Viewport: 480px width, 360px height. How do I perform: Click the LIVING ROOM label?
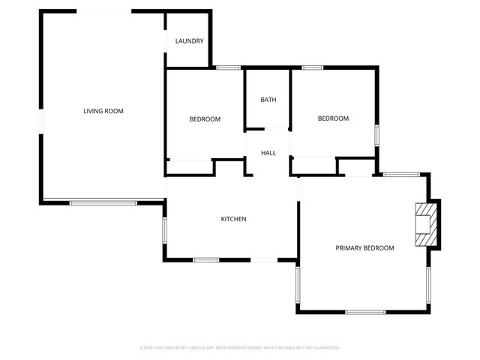103,111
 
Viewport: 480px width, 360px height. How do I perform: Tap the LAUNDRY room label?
189,41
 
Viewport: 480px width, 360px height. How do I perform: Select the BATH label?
268,100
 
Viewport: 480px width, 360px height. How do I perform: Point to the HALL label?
268,153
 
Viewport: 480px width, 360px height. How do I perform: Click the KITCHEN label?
233,219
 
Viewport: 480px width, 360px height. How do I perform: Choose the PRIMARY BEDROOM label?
364,247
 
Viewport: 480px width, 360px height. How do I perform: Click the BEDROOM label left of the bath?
205,119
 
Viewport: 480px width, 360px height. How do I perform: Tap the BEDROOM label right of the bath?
333,118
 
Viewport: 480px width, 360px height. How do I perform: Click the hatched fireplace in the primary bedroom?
426,225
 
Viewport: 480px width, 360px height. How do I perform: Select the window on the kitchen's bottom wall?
205,260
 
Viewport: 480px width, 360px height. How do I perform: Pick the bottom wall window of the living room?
103,201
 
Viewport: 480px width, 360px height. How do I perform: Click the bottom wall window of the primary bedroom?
365,311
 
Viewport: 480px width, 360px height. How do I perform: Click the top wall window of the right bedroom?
313,68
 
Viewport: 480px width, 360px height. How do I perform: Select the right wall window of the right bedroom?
377,135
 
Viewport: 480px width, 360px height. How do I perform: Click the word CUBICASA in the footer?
189,348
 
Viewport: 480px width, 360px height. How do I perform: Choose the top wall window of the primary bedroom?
401,175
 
